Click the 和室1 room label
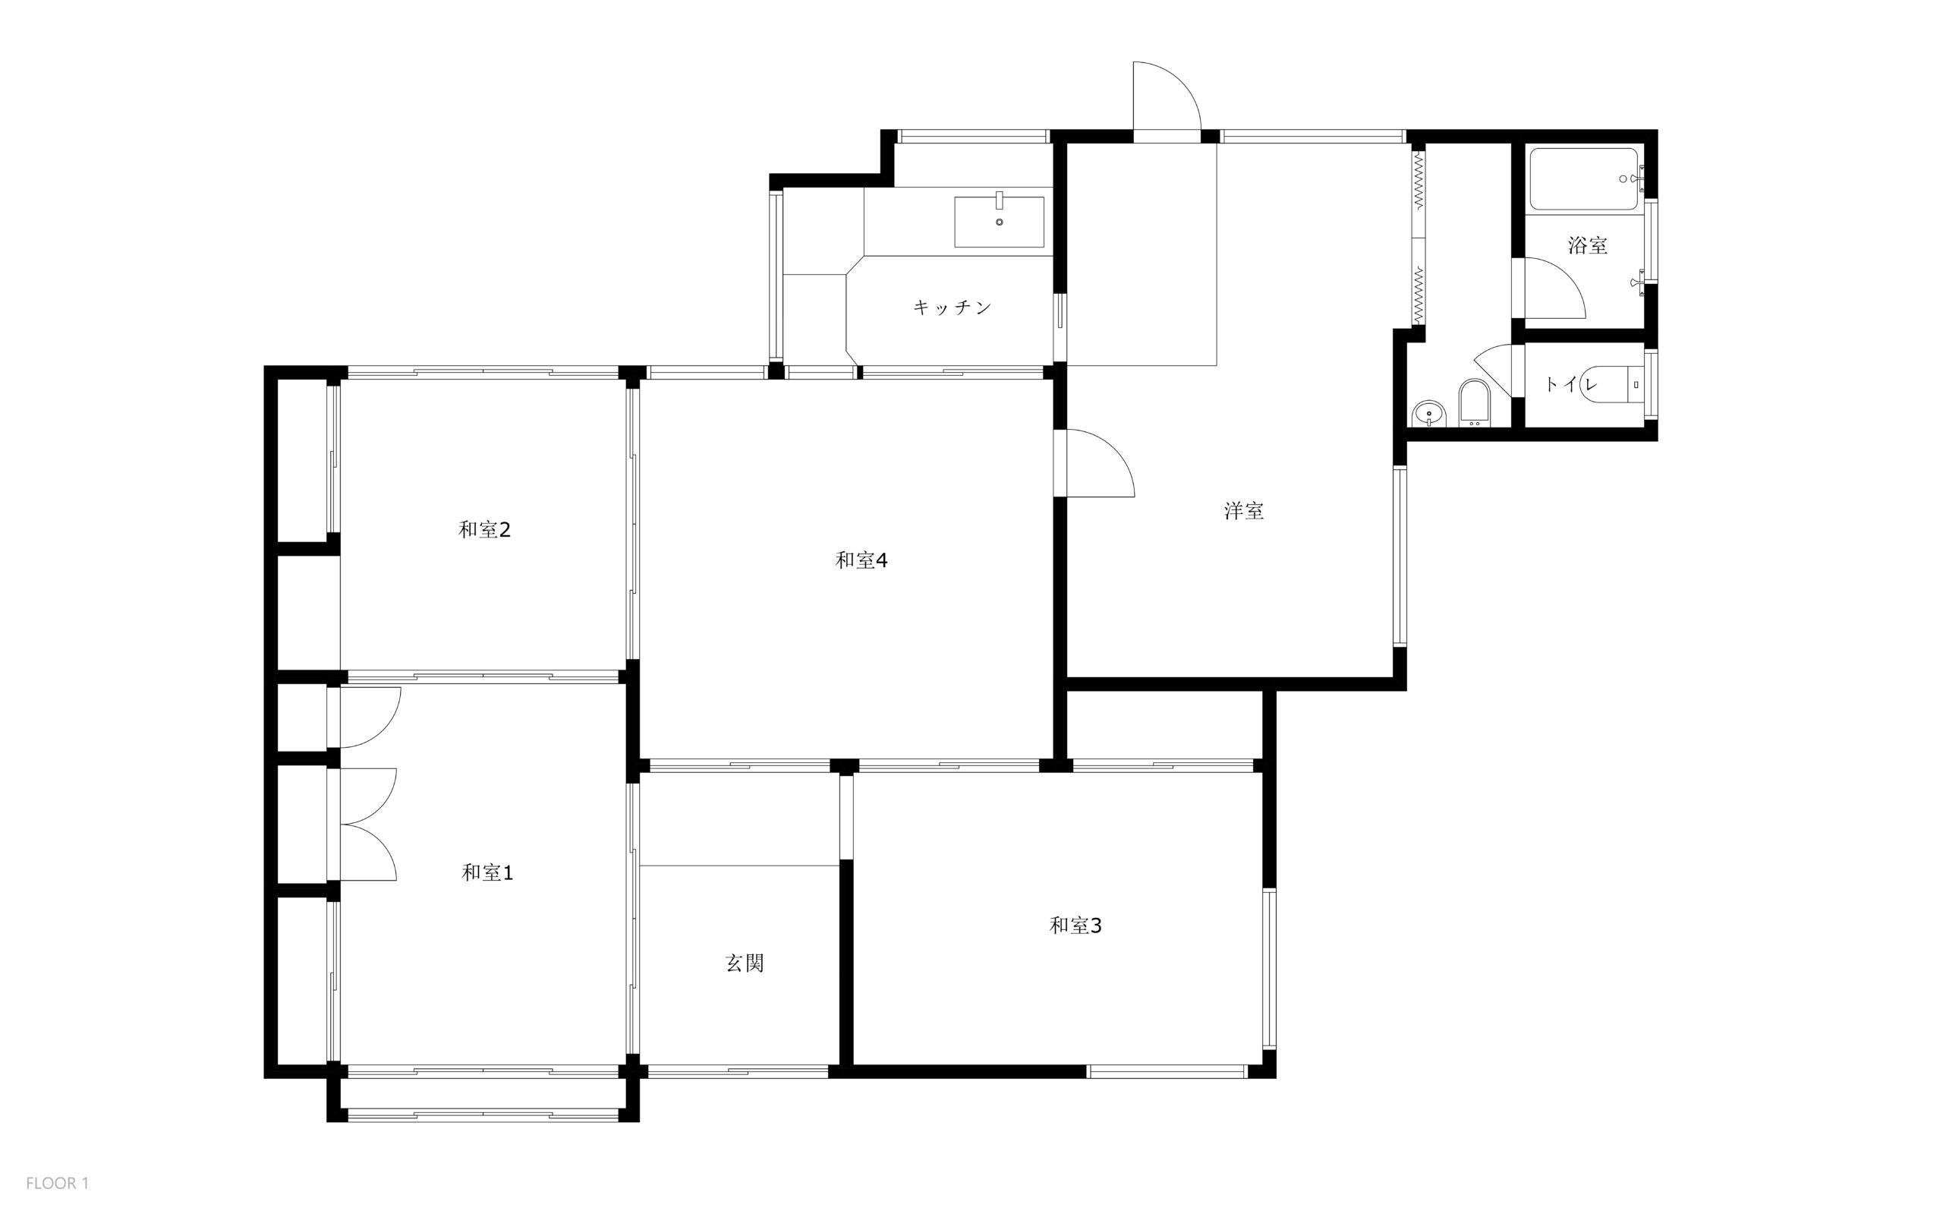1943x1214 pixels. coord(487,873)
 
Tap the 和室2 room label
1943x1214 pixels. coord(485,530)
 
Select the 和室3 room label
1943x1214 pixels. coord(1075,925)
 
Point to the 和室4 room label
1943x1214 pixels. coord(861,560)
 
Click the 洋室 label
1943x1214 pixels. coord(1244,511)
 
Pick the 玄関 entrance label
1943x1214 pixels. coord(745,963)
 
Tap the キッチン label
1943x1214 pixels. coord(953,307)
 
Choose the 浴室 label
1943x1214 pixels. coord(1588,245)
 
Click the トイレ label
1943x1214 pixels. coord(1570,385)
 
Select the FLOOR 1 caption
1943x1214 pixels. coord(57,1184)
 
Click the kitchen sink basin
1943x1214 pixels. coord(999,222)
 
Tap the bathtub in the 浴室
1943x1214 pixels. coord(1583,180)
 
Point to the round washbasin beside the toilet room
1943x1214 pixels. coord(1428,415)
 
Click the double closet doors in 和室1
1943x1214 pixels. coord(369,825)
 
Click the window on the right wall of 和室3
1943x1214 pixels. coord(1269,968)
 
